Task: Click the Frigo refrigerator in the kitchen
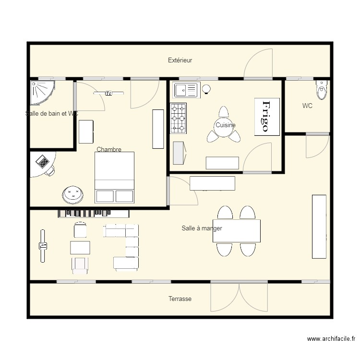pos(266,117)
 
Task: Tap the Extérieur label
pos(180,60)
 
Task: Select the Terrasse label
pos(180,299)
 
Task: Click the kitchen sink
pos(186,90)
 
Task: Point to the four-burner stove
pos(179,118)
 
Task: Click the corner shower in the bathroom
pos(41,92)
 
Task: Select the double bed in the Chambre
pos(114,177)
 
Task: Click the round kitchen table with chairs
pos(224,127)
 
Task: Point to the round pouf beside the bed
pos(72,193)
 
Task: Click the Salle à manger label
pos(202,228)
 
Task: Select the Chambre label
pos(109,149)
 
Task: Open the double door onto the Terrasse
pos(239,297)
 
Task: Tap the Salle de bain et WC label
pos(51,114)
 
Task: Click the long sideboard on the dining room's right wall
pos(319,226)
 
